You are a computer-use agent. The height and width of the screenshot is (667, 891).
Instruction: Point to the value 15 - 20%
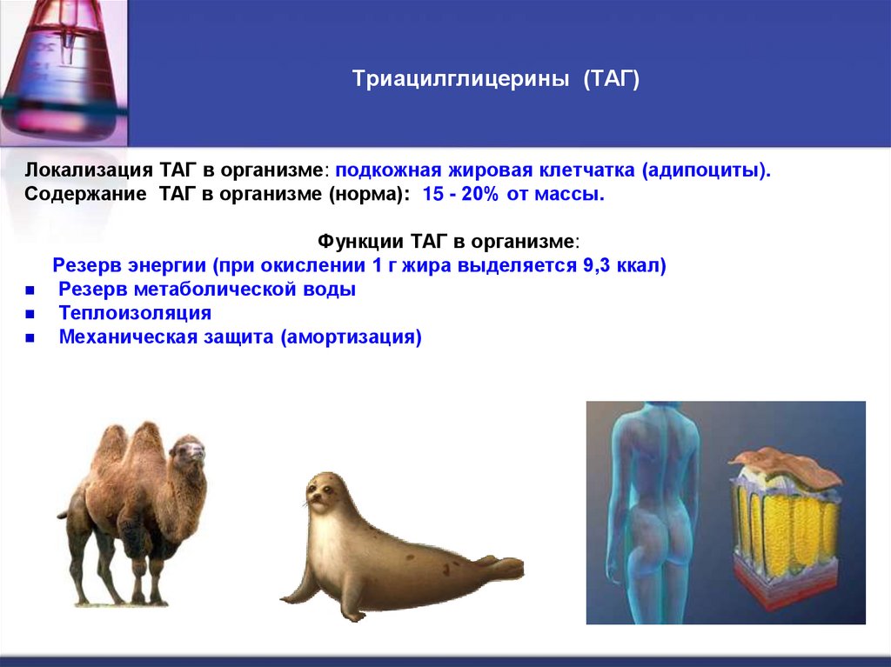click(460, 194)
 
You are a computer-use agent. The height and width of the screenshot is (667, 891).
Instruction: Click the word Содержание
click(85, 194)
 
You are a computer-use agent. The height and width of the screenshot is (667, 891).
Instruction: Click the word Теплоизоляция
click(135, 313)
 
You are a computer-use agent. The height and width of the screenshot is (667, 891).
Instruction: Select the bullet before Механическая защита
click(30, 339)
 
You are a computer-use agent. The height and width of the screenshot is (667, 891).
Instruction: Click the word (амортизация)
click(351, 337)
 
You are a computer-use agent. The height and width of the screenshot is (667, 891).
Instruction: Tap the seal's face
click(321, 493)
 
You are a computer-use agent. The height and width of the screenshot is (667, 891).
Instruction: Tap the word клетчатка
click(591, 170)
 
